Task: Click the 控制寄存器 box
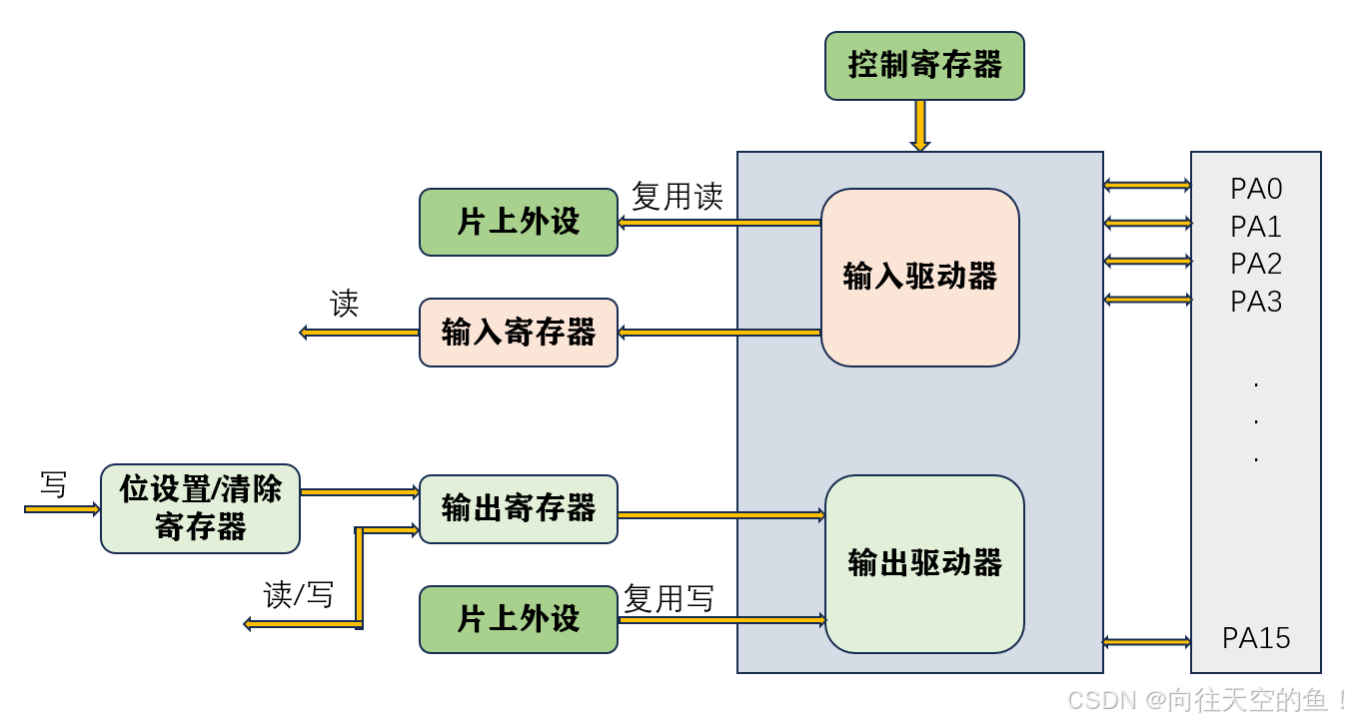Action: point(924,66)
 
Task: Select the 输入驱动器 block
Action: point(919,277)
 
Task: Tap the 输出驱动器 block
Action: point(924,563)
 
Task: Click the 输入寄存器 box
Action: point(518,333)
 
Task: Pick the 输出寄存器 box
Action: point(518,508)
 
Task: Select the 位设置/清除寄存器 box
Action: point(200,508)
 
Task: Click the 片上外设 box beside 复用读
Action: point(518,222)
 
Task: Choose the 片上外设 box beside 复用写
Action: point(518,619)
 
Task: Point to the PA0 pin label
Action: point(1256,189)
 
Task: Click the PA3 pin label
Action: point(1256,302)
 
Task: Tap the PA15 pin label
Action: point(1256,638)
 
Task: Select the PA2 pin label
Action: point(1256,264)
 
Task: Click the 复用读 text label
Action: point(677,197)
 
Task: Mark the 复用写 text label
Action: point(669,599)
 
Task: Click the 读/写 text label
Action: point(298,595)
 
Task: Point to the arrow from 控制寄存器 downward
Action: point(920,126)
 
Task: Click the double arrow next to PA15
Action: point(1146,641)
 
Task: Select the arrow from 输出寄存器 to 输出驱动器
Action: point(720,515)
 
